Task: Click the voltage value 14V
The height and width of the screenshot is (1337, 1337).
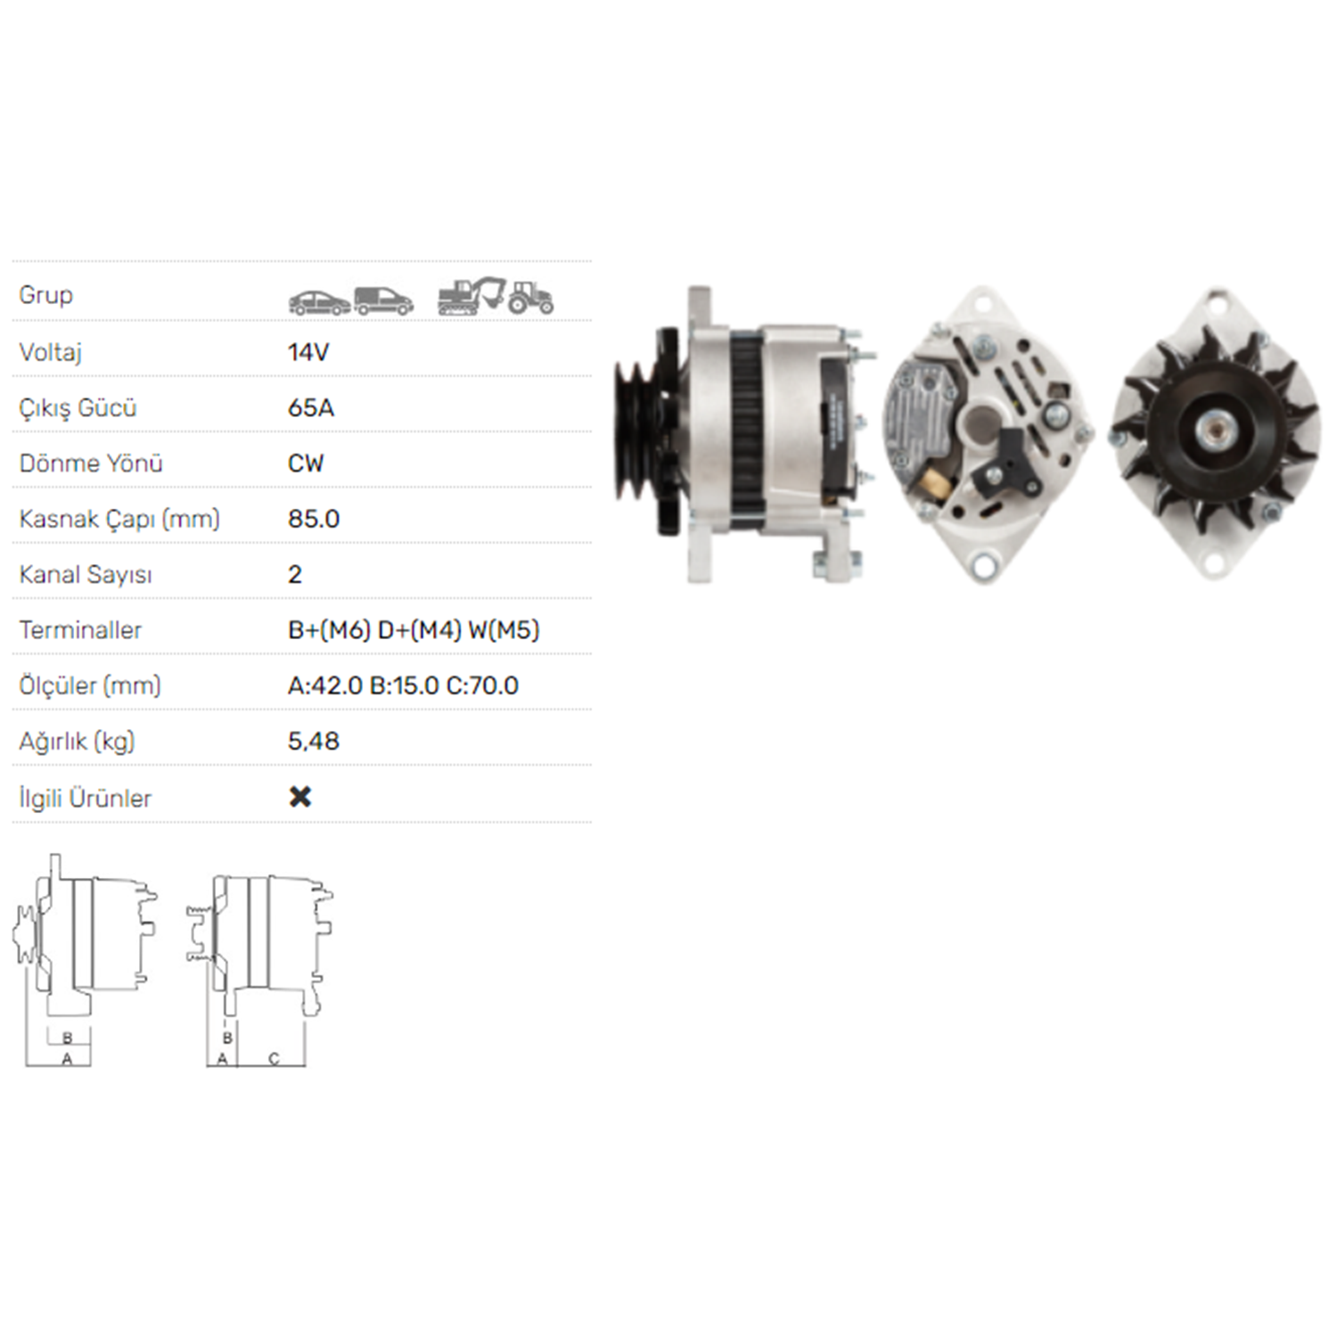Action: click(308, 352)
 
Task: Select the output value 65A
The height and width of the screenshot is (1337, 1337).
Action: click(311, 407)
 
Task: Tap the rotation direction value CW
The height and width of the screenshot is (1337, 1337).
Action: click(306, 463)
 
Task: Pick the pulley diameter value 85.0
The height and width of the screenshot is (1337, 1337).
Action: click(314, 519)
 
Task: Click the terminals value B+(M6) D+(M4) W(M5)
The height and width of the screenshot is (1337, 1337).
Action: click(414, 630)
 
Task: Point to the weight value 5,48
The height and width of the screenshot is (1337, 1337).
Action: click(314, 742)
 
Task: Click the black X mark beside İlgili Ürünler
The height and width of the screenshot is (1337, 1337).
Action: click(300, 797)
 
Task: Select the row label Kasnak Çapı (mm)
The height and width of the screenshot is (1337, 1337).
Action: click(119, 520)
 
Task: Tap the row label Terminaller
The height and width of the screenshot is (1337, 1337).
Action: click(80, 630)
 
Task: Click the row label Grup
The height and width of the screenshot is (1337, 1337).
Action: click(45, 295)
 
